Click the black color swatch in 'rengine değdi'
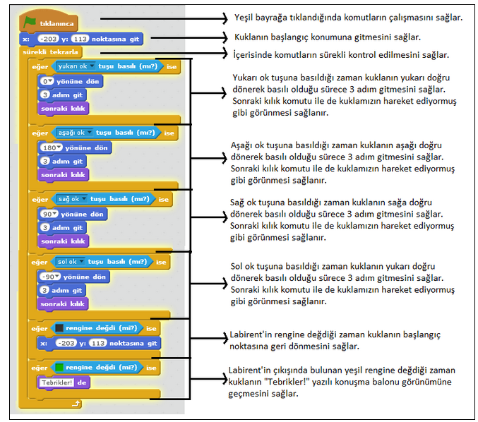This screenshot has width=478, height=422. (x=59, y=329)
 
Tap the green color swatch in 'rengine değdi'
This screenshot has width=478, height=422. (x=59, y=368)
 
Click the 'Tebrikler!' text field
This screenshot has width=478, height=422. (x=56, y=382)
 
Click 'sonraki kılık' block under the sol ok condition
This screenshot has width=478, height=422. (x=64, y=304)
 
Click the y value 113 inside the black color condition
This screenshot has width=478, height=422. (x=98, y=343)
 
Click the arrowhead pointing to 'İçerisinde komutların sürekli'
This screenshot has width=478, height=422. (x=225, y=53)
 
